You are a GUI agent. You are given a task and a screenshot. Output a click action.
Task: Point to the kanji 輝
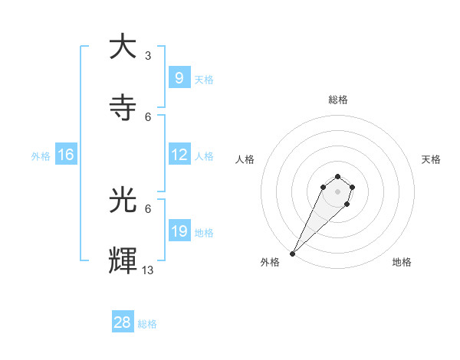coord(123,261)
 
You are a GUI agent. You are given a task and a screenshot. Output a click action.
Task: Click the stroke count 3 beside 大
coord(148,55)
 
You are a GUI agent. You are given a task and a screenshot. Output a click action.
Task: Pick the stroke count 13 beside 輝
coord(148,270)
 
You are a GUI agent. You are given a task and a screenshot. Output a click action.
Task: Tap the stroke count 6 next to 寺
coord(148,116)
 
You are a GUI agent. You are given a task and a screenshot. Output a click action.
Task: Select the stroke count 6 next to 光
coord(148,208)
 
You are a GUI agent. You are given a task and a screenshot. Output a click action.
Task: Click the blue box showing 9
coord(179,77)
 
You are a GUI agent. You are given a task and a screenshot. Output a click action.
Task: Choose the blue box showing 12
coord(179,155)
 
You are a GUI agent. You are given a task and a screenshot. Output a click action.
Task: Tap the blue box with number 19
coord(179,231)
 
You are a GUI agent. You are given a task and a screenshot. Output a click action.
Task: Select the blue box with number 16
coord(66,155)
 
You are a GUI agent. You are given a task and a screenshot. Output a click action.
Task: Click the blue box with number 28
coord(123,322)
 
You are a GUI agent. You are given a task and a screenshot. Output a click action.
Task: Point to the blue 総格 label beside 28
coord(147,324)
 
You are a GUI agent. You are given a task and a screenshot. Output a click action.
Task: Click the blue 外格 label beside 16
coord(41,156)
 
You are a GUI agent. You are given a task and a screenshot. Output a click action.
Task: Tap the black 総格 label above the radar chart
coord(338,100)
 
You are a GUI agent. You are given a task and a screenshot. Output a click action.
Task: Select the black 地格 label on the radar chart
coord(402,262)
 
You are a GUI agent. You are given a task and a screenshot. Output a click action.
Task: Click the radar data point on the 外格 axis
coord(293,254)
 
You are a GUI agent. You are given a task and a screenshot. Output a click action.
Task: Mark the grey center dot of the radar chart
coord(338,191)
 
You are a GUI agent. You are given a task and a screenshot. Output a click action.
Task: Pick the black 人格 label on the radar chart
coord(245,159)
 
